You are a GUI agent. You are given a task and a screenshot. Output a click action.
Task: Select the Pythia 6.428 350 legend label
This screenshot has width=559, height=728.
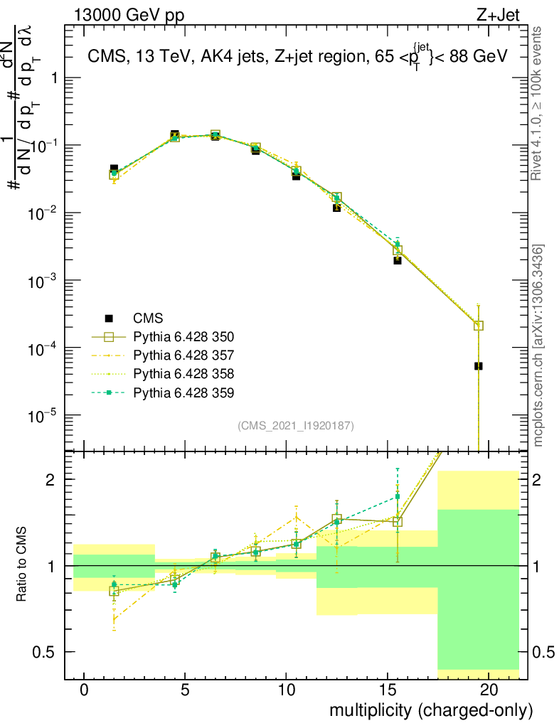click(x=183, y=336)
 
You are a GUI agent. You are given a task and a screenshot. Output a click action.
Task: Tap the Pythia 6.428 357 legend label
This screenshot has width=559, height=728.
click(x=183, y=355)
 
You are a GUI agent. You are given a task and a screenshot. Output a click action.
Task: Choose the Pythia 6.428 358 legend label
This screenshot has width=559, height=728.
click(x=183, y=373)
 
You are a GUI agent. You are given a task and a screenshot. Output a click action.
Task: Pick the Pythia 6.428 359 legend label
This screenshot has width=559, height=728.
click(x=183, y=392)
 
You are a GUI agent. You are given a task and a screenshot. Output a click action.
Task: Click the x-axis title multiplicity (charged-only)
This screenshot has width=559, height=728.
click(x=430, y=710)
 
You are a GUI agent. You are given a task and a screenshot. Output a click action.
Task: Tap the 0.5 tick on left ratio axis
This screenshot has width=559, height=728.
click(x=46, y=652)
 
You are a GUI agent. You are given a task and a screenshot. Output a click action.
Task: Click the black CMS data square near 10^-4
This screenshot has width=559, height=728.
click(x=479, y=366)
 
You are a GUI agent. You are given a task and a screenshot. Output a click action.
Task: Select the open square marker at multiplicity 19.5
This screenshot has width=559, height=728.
click(x=479, y=326)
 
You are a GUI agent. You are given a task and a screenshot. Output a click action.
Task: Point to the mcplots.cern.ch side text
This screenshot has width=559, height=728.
click(x=539, y=346)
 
